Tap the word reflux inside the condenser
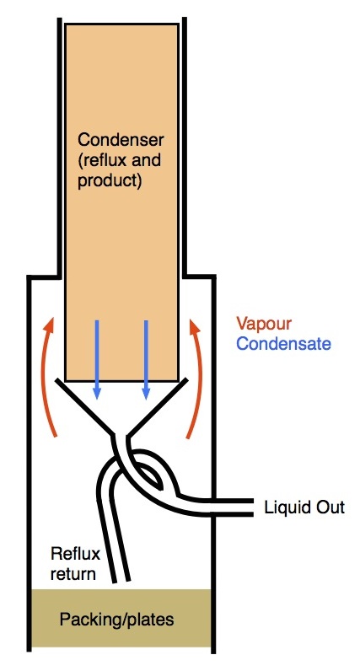(102, 161)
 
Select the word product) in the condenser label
(110, 181)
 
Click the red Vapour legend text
(264, 324)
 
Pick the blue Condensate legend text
(284, 344)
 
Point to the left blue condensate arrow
(97, 360)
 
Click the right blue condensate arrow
(146, 360)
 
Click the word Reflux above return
(75, 554)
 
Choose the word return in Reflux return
(73, 573)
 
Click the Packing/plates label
(117, 620)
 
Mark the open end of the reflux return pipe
(121, 582)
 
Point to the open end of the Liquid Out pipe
(253, 507)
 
